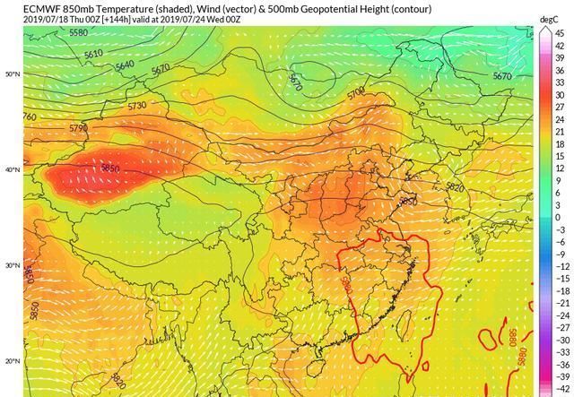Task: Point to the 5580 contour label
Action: coord(78,33)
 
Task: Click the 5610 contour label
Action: coord(93,54)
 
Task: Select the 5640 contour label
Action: coord(125,65)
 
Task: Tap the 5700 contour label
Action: coord(355,91)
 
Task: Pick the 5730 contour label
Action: coord(137,106)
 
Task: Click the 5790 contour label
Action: coord(79,128)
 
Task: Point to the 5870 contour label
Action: coord(295,82)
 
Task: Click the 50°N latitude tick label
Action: coord(13,74)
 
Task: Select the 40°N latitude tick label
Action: coord(13,169)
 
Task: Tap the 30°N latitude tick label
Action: coord(13,265)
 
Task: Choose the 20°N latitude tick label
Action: coord(13,361)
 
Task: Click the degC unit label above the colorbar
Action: coord(549,19)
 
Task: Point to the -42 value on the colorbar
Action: coord(559,390)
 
